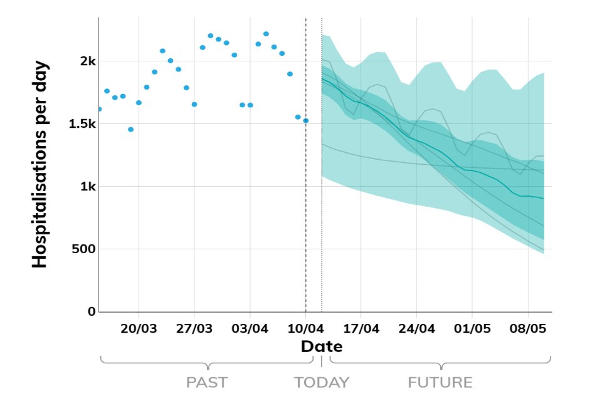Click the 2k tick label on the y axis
(87, 61)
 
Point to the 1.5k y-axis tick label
(82, 124)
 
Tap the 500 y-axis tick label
(83, 249)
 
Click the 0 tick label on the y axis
(92, 311)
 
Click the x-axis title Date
(321, 346)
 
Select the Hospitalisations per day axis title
(40, 165)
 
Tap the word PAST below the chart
(207, 382)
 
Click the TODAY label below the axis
(322, 382)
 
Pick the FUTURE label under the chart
(440, 382)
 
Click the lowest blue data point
(130, 129)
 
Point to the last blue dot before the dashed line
(305, 120)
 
